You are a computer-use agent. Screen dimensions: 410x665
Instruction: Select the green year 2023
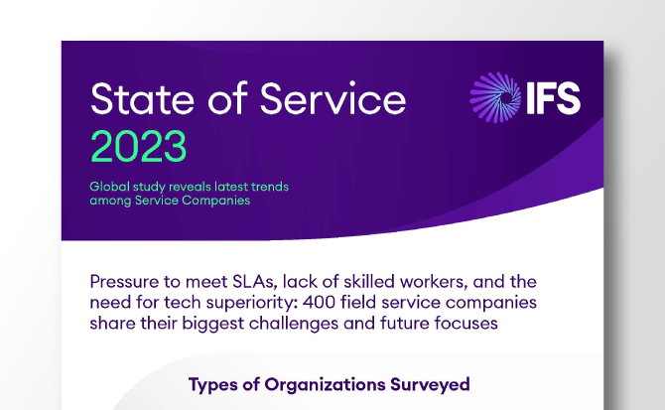coord(138,147)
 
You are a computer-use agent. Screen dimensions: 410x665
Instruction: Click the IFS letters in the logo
coord(553,99)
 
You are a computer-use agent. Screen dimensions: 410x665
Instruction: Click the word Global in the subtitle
coord(111,187)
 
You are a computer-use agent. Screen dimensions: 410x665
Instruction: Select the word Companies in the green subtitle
coord(218,201)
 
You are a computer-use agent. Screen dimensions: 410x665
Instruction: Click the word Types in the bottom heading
coord(213,384)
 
